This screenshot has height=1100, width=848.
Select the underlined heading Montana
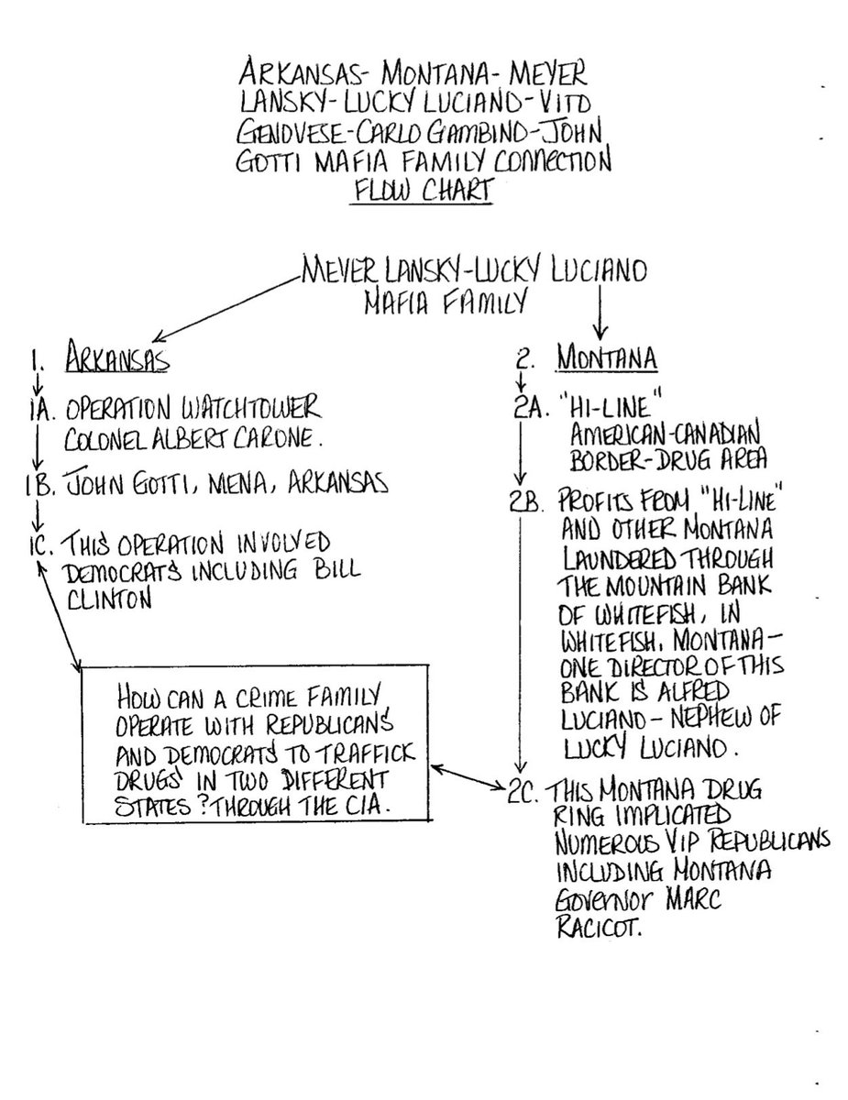[x=607, y=359]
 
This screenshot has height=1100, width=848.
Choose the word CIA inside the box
[x=376, y=806]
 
